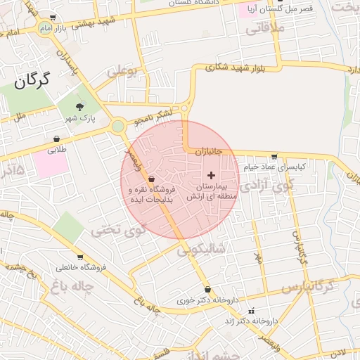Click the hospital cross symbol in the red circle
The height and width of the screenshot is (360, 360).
(x=211, y=174)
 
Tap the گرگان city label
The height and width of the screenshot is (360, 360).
(x=32, y=81)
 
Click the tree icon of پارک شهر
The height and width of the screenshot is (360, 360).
(x=79, y=107)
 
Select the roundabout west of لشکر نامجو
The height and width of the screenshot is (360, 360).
(x=118, y=127)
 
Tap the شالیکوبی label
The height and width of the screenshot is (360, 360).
(x=201, y=248)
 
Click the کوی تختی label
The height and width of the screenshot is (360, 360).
(x=120, y=229)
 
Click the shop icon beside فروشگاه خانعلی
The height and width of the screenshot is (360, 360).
(x=80, y=257)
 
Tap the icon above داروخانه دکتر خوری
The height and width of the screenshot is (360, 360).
(x=207, y=290)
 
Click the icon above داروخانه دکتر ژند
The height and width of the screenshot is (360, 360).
(x=251, y=310)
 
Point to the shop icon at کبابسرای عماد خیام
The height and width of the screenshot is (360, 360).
(x=274, y=157)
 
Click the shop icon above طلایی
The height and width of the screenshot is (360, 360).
(x=56, y=139)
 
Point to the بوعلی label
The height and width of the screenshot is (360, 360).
(x=121, y=71)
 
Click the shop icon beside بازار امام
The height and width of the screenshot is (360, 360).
(x=53, y=18)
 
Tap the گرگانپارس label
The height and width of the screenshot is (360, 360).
(x=307, y=288)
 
